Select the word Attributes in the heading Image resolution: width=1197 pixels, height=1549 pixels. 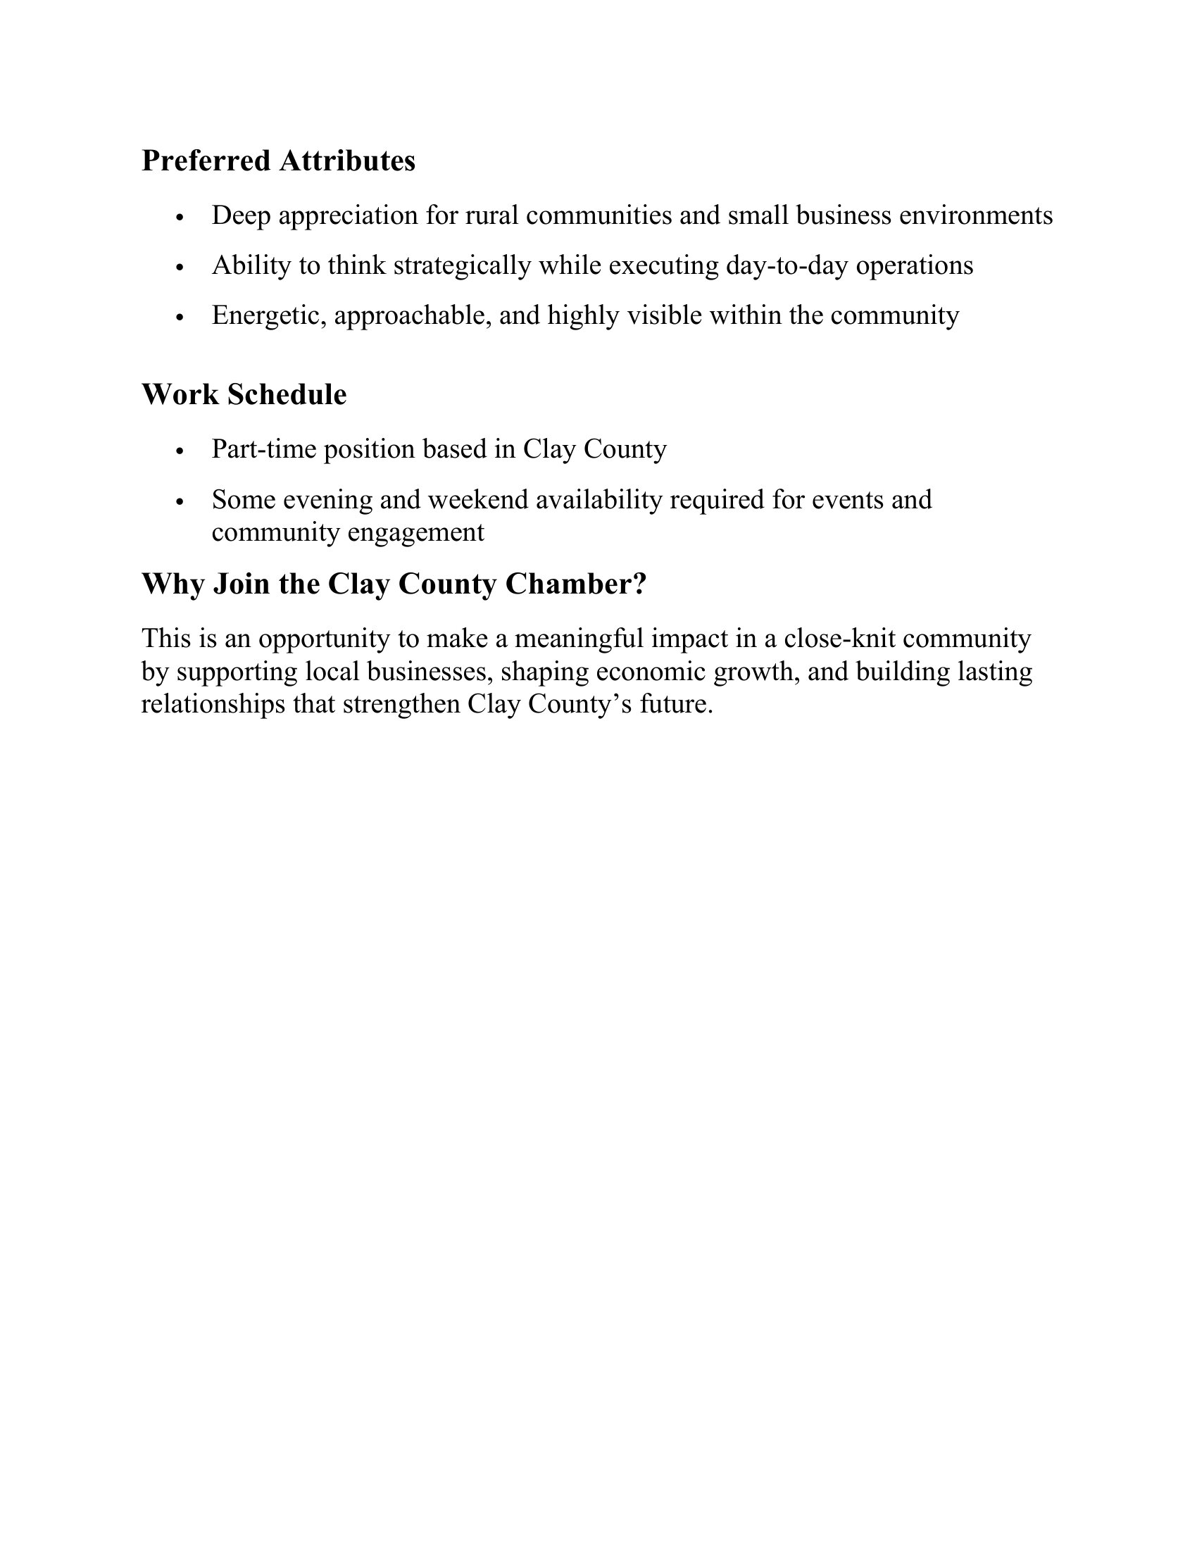(x=346, y=161)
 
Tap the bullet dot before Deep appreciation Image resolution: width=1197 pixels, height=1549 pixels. (x=180, y=218)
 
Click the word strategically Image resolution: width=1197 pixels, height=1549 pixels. (x=462, y=265)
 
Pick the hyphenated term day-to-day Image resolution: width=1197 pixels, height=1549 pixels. (x=787, y=265)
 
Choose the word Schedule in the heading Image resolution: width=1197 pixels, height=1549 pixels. (x=287, y=395)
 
